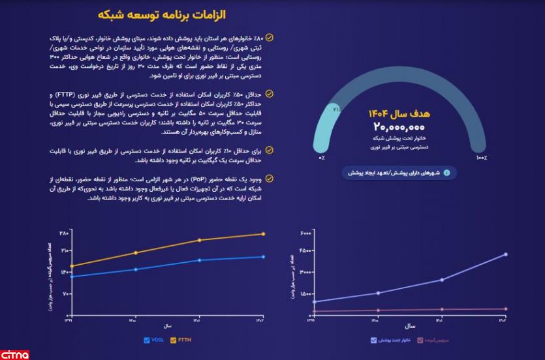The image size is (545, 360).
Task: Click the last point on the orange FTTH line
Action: click(x=263, y=233)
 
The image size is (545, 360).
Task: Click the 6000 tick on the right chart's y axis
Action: click(x=305, y=233)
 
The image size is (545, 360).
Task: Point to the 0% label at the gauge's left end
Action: click(x=322, y=158)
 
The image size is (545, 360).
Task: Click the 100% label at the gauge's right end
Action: click(x=481, y=158)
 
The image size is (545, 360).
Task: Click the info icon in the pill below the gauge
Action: click(x=447, y=173)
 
